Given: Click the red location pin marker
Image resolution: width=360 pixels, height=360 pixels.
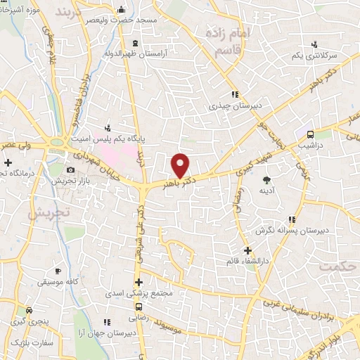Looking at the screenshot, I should (181, 165).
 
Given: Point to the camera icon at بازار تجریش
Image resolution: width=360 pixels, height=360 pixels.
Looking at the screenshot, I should (70, 170).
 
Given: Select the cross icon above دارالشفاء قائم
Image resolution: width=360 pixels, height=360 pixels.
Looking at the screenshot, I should (247, 250).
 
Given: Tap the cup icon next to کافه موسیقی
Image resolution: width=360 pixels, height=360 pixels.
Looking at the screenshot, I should (60, 271).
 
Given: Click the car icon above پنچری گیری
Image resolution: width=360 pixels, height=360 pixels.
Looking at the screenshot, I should (29, 310).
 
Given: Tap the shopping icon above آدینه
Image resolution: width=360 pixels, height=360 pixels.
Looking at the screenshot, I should (265, 179).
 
